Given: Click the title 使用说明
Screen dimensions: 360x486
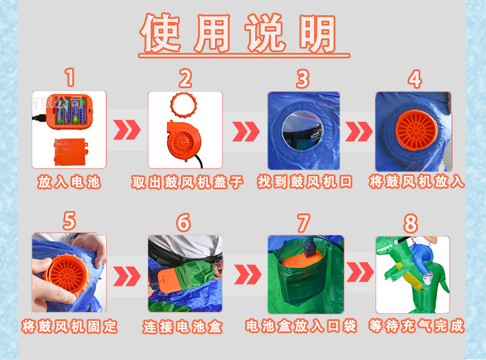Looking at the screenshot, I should [238, 33].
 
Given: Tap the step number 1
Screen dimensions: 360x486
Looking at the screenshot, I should [70, 78].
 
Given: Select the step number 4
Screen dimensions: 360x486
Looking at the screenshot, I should [414, 79].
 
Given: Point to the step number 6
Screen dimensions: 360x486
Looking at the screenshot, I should [183, 223].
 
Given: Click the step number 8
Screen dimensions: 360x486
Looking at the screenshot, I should [411, 223].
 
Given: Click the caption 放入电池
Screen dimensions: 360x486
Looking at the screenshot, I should [69, 182].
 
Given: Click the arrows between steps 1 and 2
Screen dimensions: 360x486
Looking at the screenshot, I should [127, 130].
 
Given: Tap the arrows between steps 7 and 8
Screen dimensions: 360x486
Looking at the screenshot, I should [360, 274].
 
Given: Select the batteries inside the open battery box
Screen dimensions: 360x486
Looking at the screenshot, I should [69, 111].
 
